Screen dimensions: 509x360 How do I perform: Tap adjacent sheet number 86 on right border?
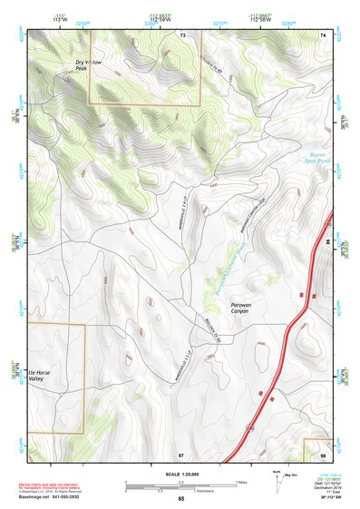(327, 243)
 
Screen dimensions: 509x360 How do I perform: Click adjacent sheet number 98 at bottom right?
(324, 454)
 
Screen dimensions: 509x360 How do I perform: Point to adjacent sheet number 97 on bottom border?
(181, 454)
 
